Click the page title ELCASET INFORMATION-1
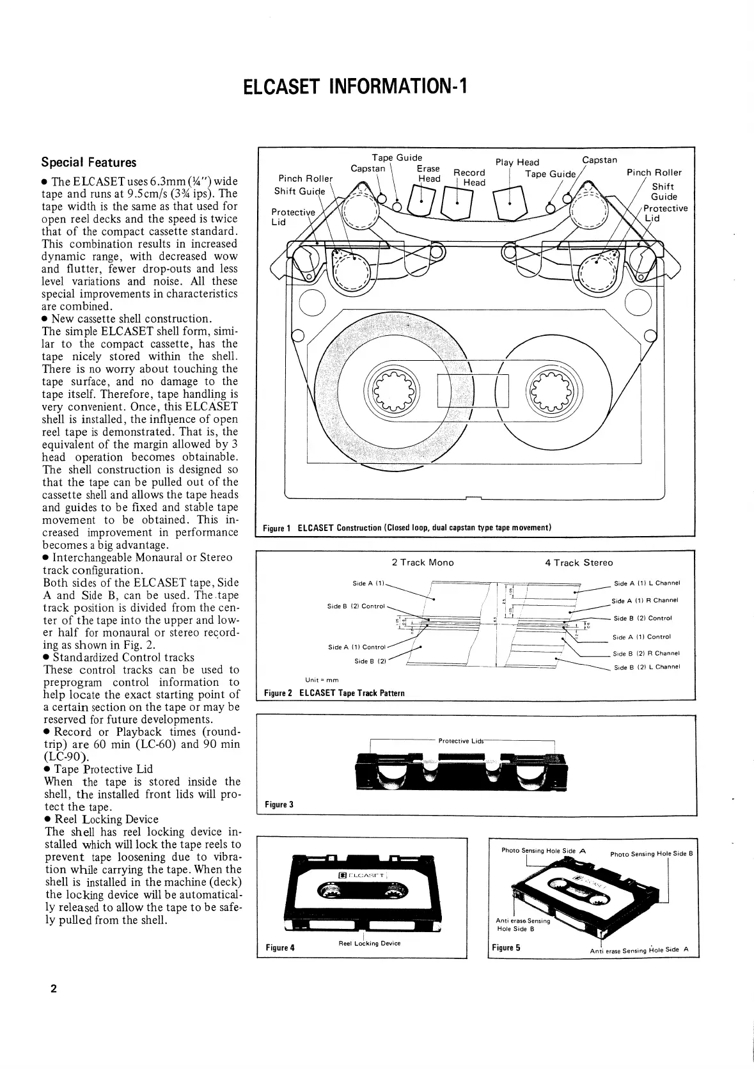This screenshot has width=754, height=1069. tap(356, 86)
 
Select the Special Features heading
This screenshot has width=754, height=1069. tap(88, 162)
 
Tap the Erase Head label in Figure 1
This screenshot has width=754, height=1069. tap(428, 173)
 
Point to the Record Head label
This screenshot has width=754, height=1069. tap(470, 177)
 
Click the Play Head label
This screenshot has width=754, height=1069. tap(517, 162)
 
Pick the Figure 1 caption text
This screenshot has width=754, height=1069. tap(407, 528)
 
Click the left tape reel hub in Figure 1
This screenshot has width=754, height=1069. tap(391, 390)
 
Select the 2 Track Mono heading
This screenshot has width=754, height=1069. tap(422, 562)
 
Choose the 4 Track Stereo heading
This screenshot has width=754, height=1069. tap(579, 562)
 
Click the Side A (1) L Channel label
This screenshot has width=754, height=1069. tap(647, 583)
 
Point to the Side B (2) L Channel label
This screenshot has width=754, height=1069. tap(646, 667)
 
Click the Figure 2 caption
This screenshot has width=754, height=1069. tap(334, 693)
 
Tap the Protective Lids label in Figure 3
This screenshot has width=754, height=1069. tap(461, 741)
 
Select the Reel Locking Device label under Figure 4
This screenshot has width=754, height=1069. tap(369, 944)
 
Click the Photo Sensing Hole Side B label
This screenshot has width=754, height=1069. tap(652, 854)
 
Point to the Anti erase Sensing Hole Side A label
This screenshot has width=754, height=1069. tap(639, 951)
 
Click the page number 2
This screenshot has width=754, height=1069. tap(54, 989)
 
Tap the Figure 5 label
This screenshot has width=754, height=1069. tap(506, 947)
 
